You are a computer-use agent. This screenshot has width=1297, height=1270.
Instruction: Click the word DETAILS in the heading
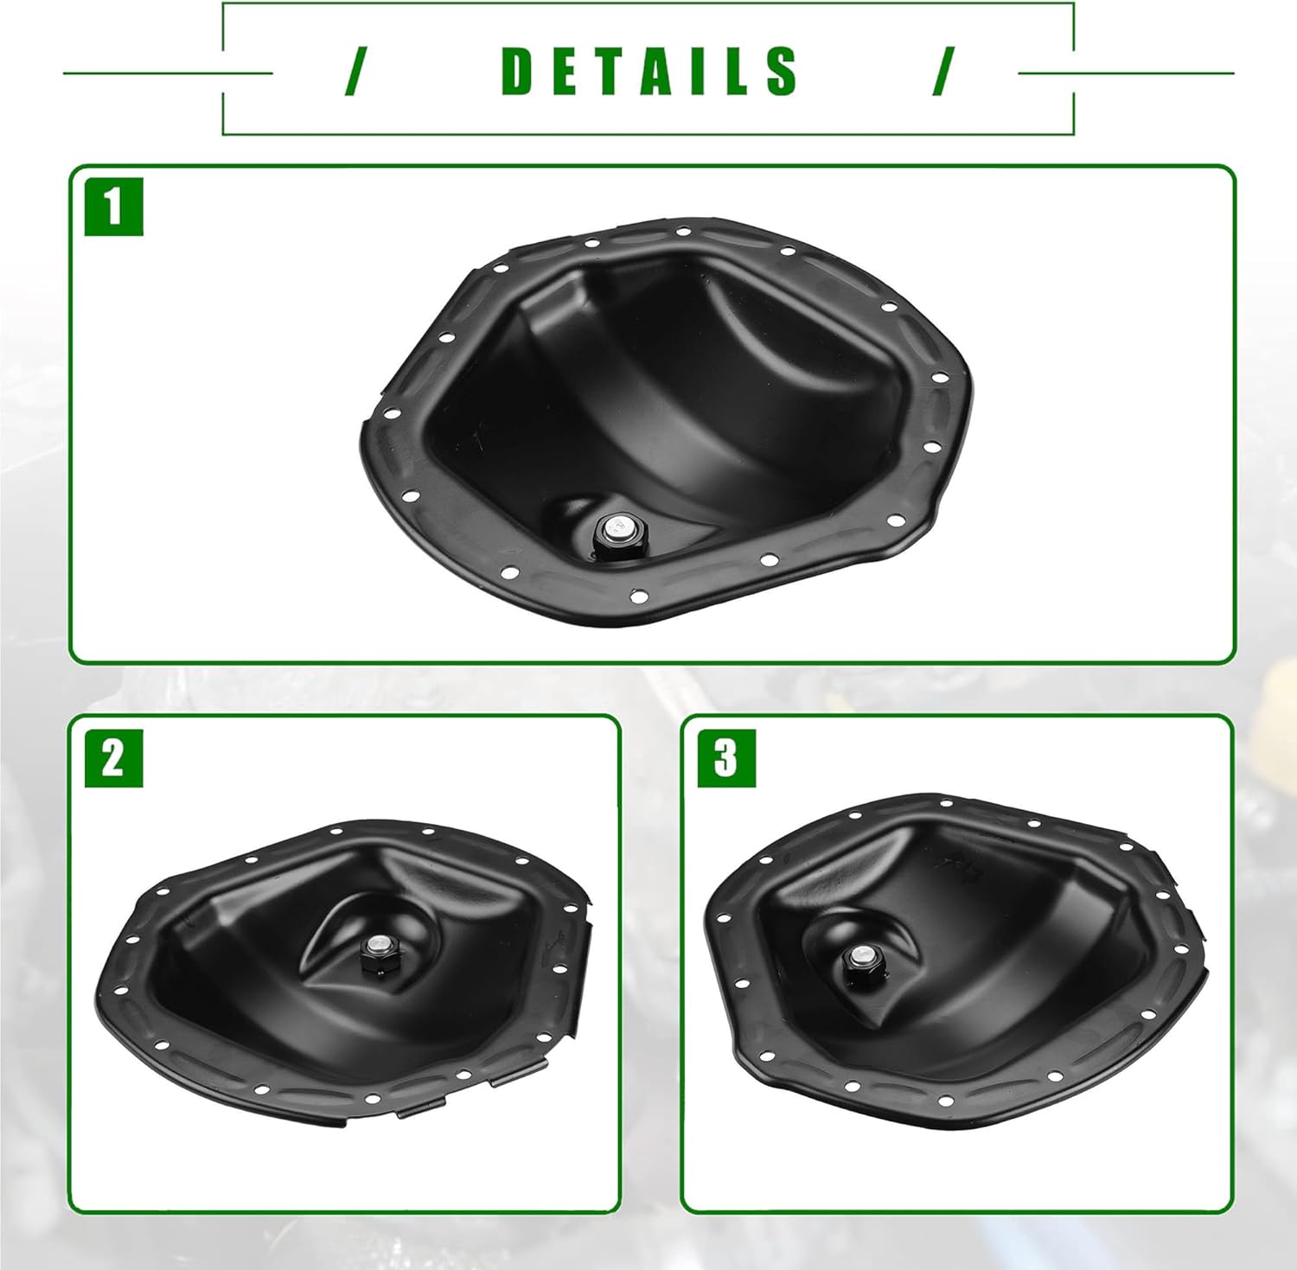tap(649, 71)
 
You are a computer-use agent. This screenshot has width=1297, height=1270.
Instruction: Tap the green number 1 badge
tap(114, 207)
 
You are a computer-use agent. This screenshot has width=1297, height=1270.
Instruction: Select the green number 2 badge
tap(114, 758)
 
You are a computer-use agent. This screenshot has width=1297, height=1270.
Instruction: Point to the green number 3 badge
tap(726, 758)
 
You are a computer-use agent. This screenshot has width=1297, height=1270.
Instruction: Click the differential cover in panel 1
tap(666, 420)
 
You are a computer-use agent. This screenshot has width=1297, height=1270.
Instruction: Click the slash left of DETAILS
tap(352, 72)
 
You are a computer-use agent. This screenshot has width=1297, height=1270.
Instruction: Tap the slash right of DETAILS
tap(944, 72)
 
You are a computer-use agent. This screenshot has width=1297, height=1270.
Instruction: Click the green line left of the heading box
tap(168, 73)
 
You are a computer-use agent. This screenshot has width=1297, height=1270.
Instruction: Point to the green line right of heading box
tap(1126, 73)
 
